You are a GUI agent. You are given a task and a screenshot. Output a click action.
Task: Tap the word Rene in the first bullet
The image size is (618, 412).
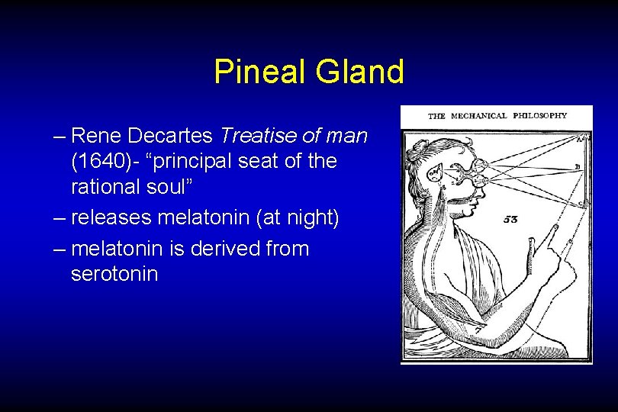[x=98, y=137]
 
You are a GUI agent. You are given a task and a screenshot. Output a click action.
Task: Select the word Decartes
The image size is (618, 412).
[x=172, y=137]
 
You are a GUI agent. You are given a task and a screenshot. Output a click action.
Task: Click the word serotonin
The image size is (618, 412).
[x=114, y=273]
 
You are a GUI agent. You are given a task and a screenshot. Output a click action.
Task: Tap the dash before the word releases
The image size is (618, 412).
[x=60, y=217]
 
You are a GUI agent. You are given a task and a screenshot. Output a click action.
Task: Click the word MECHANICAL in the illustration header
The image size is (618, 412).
[x=478, y=116]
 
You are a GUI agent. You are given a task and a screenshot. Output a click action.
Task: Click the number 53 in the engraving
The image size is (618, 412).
[x=511, y=219]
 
